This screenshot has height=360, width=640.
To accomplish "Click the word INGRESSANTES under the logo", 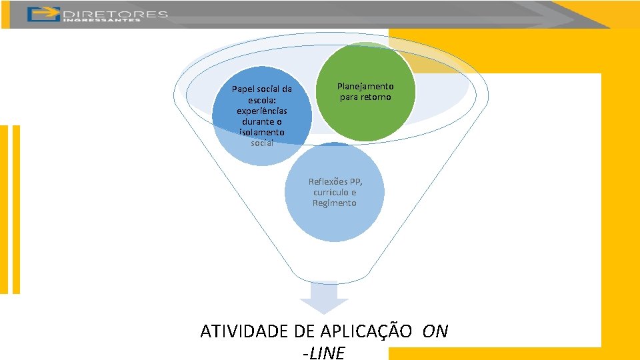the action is tap(102, 20).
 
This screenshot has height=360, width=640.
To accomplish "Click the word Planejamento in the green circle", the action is tap(365, 87).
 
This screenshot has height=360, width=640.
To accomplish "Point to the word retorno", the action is tap(376, 97).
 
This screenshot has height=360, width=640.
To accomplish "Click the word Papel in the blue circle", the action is tap(244, 89).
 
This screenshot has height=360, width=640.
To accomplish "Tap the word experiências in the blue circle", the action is tap(262, 111).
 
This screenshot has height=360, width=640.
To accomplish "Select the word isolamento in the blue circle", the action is tap(262, 133).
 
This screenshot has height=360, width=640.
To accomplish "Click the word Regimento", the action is tap(335, 203).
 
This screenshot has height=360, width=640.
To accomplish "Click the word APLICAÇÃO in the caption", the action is tap(366, 331).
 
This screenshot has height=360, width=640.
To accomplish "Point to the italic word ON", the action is tap(435, 331).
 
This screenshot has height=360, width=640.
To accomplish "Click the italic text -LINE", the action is tap(324, 353).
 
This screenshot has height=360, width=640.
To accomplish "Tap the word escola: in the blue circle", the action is tap(262, 100).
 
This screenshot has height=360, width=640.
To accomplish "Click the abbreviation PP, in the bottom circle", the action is tap(356, 181).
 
